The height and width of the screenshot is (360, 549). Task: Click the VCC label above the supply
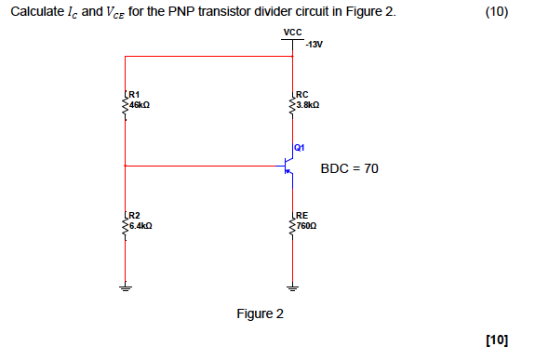pyautogui.click(x=292, y=33)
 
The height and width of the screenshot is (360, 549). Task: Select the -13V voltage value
pyautogui.click(x=311, y=44)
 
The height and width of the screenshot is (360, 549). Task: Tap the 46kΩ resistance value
pyautogui.click(x=141, y=104)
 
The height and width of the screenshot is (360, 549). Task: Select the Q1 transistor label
pyautogui.click(x=300, y=147)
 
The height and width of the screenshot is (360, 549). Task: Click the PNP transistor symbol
pyautogui.click(x=289, y=167)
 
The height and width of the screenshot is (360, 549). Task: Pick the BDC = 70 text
pyautogui.click(x=349, y=169)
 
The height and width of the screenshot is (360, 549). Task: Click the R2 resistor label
pyautogui.click(x=134, y=216)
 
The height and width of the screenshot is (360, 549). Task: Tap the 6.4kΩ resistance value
pyautogui.click(x=141, y=225)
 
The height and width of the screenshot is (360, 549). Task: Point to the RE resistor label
pyautogui.click(x=302, y=216)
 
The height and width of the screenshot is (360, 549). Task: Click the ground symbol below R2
pyautogui.click(x=125, y=287)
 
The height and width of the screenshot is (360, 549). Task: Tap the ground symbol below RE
pyautogui.click(x=293, y=287)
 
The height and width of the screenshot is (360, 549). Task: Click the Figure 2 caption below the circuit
pyautogui.click(x=261, y=313)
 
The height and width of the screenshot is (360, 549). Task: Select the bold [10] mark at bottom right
pyautogui.click(x=497, y=340)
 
